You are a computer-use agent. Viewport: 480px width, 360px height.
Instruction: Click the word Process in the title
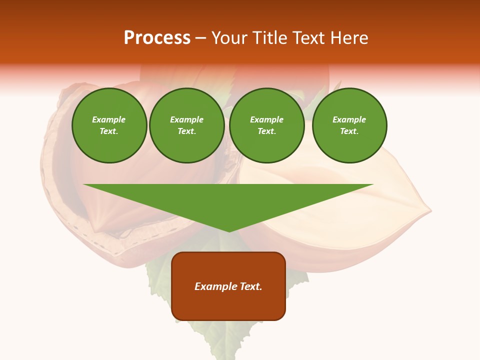point(157,38)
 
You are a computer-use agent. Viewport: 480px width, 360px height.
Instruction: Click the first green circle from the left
point(109,125)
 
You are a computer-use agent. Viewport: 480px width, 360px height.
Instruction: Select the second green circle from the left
point(187,125)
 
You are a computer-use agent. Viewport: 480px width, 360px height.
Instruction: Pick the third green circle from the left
point(267,125)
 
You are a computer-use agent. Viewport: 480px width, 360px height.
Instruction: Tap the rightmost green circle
point(349,125)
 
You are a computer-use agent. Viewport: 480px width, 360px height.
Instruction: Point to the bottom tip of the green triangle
point(229,230)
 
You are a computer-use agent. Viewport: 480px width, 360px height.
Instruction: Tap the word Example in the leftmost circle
point(109,119)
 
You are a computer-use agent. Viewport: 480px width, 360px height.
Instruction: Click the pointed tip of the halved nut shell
point(430,212)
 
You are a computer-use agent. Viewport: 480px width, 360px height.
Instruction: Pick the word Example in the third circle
point(267,119)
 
